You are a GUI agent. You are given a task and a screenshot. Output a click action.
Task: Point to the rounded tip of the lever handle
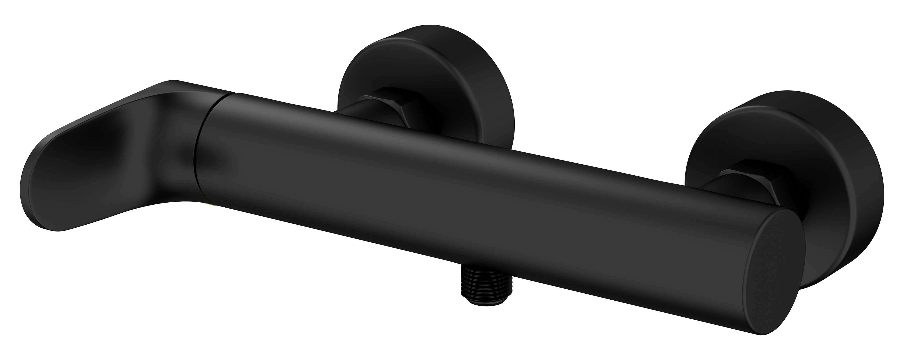tap(38, 195)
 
